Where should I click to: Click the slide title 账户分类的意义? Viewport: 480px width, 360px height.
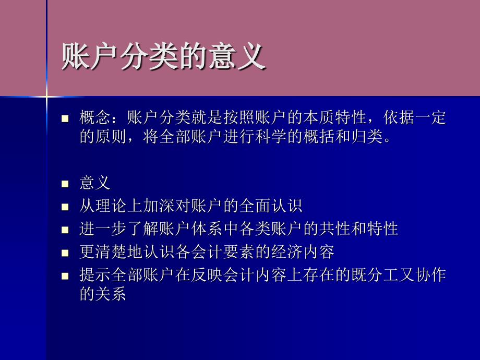tap(163, 56)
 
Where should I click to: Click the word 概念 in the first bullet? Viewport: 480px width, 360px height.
tap(95, 117)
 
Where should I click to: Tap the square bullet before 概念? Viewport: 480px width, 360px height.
tap(65, 118)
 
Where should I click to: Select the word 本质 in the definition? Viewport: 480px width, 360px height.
tap(319, 117)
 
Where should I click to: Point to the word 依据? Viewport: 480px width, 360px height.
tap(399, 117)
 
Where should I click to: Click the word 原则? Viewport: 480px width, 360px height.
tap(111, 136)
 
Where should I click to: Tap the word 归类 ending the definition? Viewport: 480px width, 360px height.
tap(367, 136)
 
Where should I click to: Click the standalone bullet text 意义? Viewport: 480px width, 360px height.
tap(95, 183)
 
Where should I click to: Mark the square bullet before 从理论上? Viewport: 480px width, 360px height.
tap(65, 207)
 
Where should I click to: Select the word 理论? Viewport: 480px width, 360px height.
tap(111, 206)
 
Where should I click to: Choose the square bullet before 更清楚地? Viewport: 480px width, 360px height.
tap(65, 253)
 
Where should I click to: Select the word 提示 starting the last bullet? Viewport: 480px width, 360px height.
tap(95, 274)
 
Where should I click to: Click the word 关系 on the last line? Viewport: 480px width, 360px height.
tap(111, 293)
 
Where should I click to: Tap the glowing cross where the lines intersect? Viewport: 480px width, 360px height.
tap(47, 97)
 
